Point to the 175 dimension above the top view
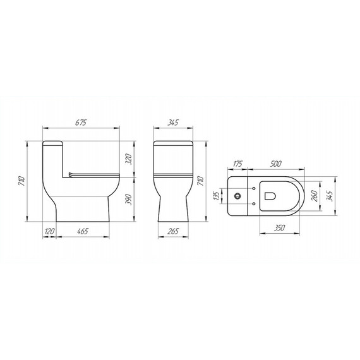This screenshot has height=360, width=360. [237, 164]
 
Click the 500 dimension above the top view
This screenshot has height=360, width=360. [275, 164]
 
